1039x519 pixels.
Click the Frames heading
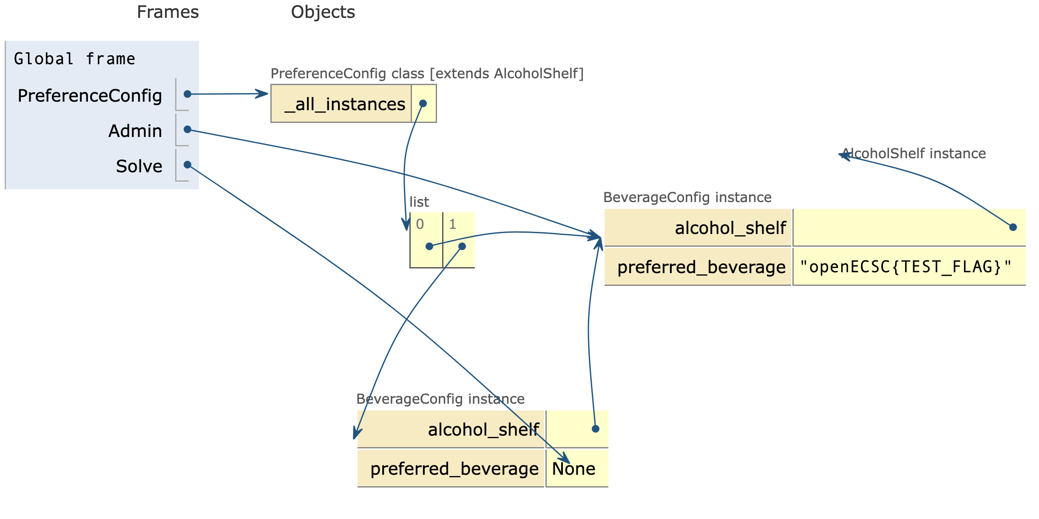(167, 12)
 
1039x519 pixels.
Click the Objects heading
(323, 12)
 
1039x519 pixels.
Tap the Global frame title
(74, 59)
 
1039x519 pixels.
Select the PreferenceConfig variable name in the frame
(90, 95)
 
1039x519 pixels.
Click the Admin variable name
(135, 131)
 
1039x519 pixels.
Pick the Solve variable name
(139, 166)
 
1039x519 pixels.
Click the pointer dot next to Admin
(187, 129)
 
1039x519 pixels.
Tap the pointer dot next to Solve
(187, 165)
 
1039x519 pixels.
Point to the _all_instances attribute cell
(344, 104)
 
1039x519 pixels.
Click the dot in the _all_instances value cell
(423, 103)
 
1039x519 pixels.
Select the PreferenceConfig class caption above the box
(427, 74)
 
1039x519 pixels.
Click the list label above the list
(419, 202)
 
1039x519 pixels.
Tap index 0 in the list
(420, 224)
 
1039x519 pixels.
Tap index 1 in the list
(453, 224)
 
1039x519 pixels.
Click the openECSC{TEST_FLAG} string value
(906, 267)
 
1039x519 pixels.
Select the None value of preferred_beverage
(573, 469)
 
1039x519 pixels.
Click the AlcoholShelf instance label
(914, 154)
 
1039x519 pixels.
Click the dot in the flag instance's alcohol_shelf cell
(1013, 227)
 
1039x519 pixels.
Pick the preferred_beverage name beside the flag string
(701, 267)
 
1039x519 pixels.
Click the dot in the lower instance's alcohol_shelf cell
(596, 429)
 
